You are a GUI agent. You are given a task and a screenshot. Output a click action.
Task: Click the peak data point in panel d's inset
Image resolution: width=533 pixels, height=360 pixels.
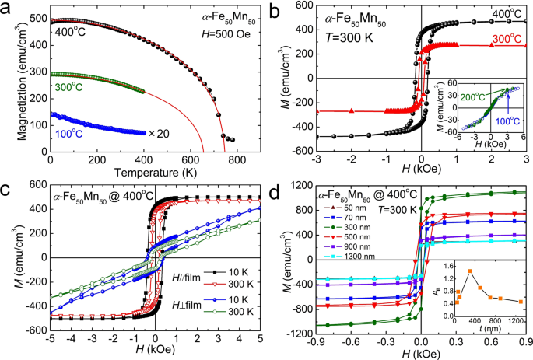pos(469,271)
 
